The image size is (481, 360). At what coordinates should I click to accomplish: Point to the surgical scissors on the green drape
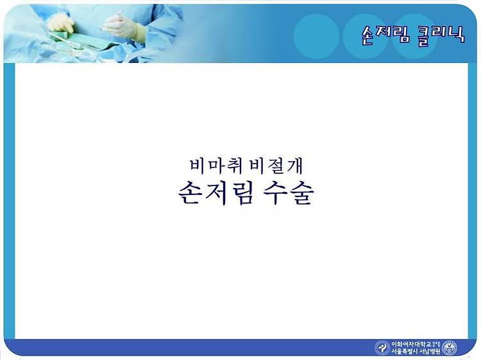pos(66,42)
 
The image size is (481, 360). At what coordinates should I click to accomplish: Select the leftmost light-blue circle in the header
pos(316,36)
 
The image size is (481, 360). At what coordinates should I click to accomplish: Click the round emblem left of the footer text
pos(382,348)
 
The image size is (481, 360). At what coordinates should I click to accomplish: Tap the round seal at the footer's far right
pos(450,348)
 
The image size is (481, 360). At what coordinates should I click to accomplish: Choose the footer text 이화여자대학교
pos(411,344)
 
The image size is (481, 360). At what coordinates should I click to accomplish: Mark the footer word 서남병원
pos(430,352)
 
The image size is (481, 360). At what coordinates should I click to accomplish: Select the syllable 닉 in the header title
pos(457,35)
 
